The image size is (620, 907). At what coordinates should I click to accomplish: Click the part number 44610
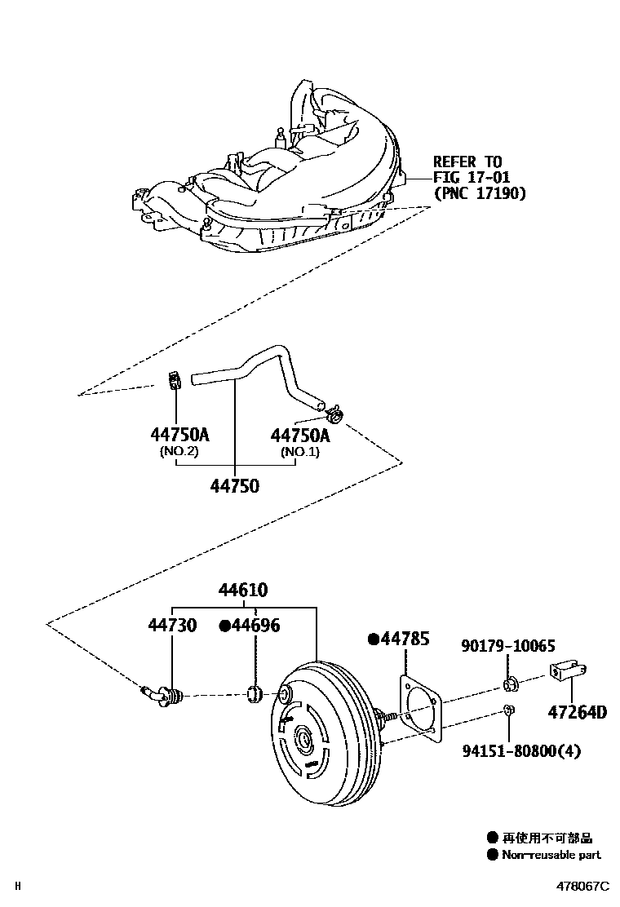coord(242,590)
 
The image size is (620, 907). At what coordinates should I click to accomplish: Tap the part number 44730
coord(172,625)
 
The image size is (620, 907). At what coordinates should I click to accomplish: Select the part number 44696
coord(255,625)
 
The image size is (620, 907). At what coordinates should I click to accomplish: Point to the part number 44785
coord(404,639)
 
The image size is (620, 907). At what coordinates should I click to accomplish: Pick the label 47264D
coord(576,711)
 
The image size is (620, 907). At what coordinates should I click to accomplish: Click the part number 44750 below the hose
coord(234,485)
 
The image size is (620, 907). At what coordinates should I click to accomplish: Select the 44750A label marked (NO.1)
coord(300,436)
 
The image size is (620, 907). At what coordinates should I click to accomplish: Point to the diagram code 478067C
coord(583,886)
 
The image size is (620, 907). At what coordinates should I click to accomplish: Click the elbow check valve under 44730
coord(162,694)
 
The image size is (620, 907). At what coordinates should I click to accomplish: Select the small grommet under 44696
coord(254,695)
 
